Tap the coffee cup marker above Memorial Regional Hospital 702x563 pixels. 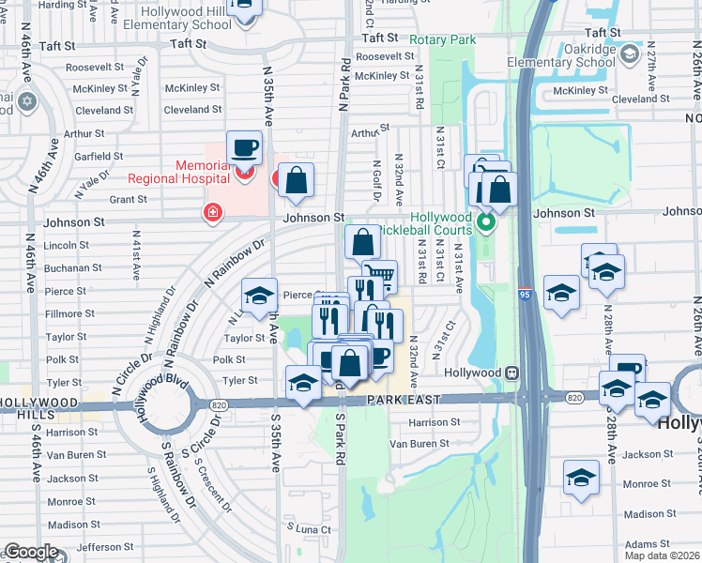pyautogui.click(x=244, y=146)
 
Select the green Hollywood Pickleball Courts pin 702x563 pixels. pyautogui.click(x=485, y=223)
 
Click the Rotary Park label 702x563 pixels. pyautogui.click(x=443, y=39)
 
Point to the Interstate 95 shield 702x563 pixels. pyautogui.click(x=525, y=295)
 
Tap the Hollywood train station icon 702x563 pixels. pyautogui.click(x=512, y=373)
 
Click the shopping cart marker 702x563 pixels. pyautogui.click(x=380, y=276)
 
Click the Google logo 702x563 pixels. pyautogui.click(x=31, y=553)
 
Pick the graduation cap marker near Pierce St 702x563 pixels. pyautogui.click(x=260, y=296)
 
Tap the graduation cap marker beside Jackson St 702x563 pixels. pyautogui.click(x=581, y=477)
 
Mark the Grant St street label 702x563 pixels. pyautogui.click(x=128, y=199)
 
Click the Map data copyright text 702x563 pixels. pyautogui.click(x=662, y=555)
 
